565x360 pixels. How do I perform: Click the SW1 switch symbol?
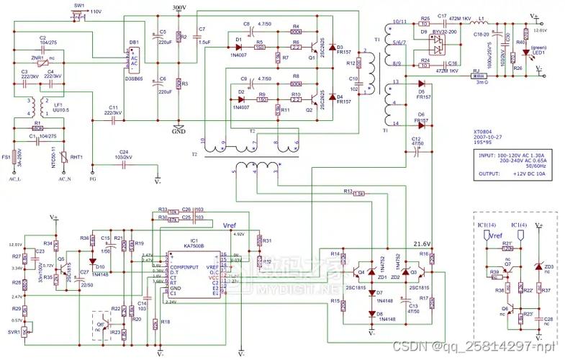point(79,15)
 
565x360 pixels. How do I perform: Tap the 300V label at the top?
point(179,7)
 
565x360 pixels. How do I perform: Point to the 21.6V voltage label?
point(422,244)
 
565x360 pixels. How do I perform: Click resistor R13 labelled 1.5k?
point(358,193)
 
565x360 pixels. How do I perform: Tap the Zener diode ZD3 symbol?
point(538,267)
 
